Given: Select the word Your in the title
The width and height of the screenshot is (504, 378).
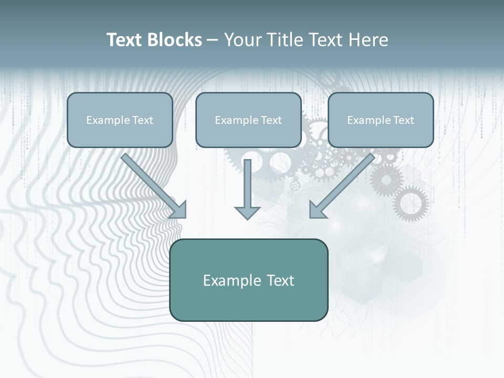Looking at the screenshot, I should (242, 40).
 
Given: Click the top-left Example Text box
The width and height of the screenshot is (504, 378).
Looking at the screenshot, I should (120, 120).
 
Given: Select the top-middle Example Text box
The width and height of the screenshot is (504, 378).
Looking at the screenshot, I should (248, 120).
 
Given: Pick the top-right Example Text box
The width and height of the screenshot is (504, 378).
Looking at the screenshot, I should (381, 120).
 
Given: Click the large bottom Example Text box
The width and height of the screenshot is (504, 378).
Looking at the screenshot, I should (248, 280).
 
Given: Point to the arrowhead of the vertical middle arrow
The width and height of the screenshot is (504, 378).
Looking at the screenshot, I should (247, 212).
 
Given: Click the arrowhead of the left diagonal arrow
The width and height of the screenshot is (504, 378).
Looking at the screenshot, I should (179, 211).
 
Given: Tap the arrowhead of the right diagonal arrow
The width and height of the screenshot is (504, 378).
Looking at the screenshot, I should (317, 211).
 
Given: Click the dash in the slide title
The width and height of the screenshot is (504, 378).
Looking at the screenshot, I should (213, 40).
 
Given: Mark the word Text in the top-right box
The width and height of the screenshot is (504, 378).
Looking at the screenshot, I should (403, 120).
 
